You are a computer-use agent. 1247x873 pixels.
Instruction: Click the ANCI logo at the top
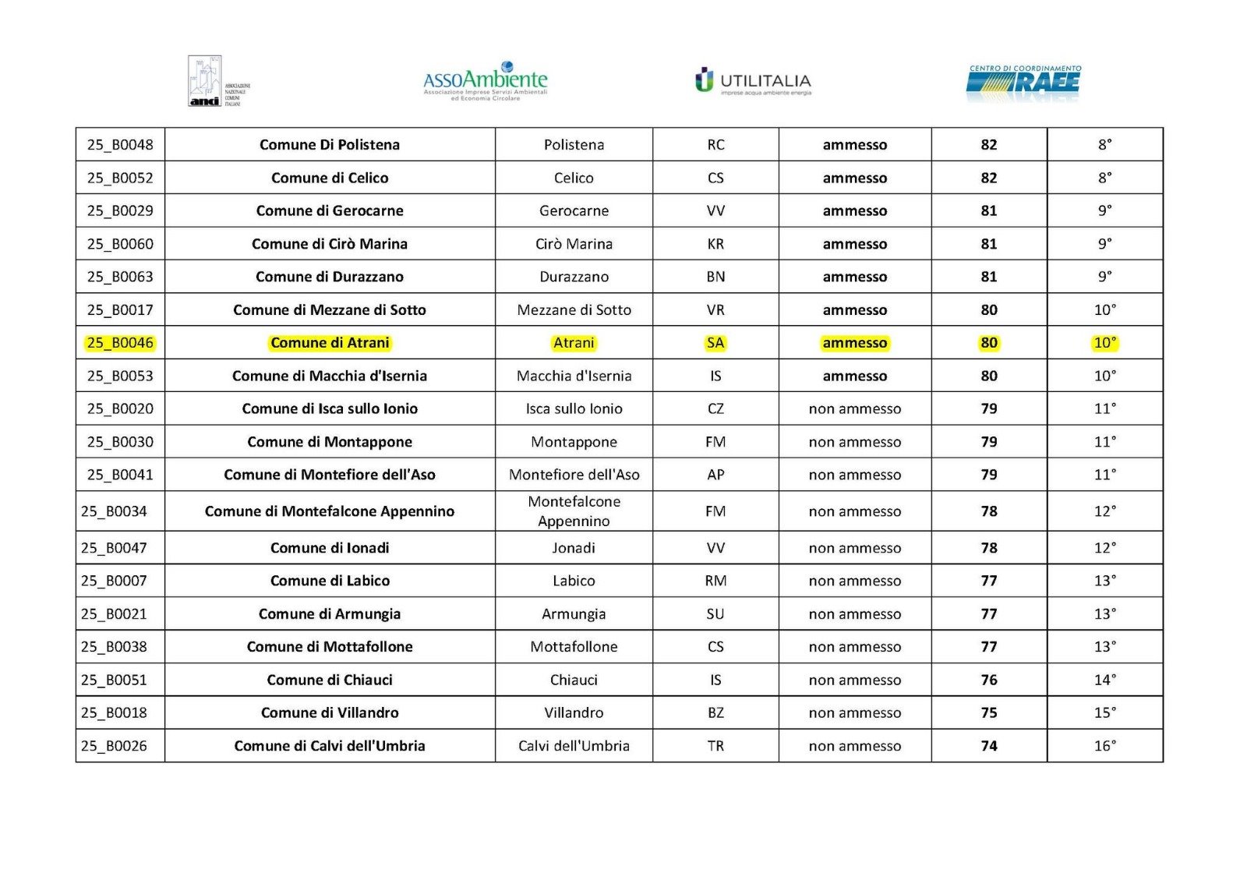coord(217,81)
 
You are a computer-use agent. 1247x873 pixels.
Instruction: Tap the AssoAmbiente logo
coord(485,81)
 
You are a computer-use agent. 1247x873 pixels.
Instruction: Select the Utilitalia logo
coord(753,81)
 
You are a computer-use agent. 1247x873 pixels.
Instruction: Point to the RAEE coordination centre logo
coord(1023,83)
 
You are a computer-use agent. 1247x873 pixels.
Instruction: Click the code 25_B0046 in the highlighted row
coord(120,343)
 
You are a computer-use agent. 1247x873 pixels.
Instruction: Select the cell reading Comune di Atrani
coord(330,343)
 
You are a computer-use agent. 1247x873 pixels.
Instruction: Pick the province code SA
coord(715,343)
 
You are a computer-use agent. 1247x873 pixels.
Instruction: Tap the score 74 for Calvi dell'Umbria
coord(989,746)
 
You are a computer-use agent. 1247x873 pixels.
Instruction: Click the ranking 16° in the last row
coord(1104,746)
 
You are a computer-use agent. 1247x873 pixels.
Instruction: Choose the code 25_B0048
coord(120,145)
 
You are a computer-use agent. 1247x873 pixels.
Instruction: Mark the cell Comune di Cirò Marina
coord(330,244)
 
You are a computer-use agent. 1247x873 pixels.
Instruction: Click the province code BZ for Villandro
coord(715,712)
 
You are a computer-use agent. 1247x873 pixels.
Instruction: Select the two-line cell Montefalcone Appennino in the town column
coord(574,511)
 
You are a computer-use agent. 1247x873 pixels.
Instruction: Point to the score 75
coord(989,712)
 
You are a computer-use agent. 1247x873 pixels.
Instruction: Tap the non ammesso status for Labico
coord(854,581)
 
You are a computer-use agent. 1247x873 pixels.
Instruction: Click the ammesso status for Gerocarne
coord(854,210)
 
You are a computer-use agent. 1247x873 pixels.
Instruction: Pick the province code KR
coord(715,244)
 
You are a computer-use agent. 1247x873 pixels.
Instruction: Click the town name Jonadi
coord(574,548)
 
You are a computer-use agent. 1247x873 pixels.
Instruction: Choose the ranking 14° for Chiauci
coord(1104,680)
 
